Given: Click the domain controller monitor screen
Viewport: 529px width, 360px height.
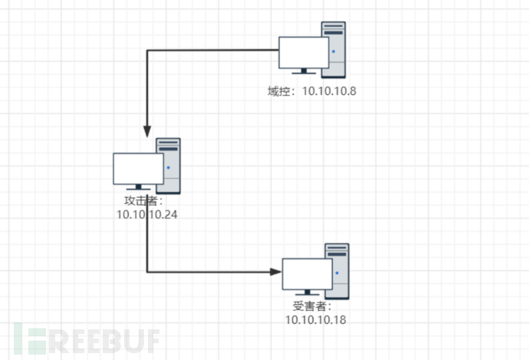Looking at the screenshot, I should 304,52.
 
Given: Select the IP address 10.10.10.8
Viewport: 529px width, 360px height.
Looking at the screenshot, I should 330,91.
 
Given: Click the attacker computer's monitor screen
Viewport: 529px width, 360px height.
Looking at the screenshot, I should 138,169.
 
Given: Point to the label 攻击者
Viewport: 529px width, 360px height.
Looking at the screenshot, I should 142,201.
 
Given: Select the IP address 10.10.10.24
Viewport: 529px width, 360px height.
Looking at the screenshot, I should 147,214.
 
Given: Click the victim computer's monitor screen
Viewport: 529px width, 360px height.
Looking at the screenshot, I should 307,273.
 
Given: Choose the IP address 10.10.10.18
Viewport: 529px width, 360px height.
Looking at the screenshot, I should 316,319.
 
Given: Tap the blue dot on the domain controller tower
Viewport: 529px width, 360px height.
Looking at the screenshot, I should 333,51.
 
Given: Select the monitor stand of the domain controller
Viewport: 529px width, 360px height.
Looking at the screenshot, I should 304,72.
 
